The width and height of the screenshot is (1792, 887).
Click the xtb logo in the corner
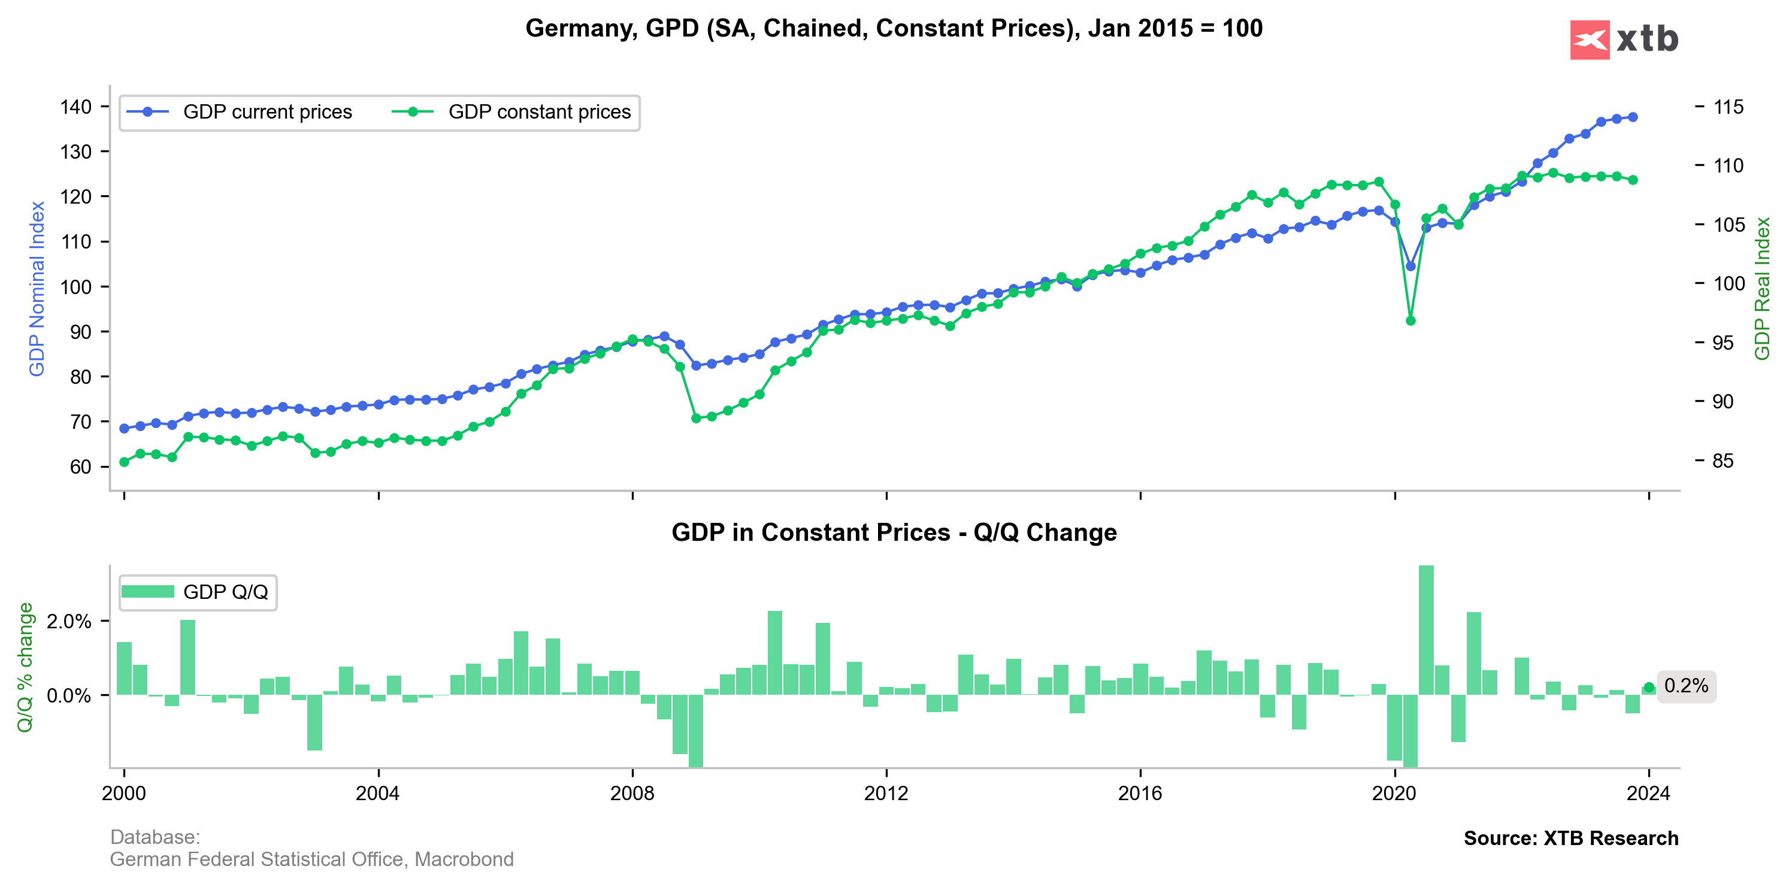coord(1624,40)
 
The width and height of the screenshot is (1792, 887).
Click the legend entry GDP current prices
coord(267,112)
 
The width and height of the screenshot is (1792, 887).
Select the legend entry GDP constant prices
coord(538,112)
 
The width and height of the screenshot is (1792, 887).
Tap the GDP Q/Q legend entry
coord(225,592)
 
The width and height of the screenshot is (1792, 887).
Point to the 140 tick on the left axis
coord(76,107)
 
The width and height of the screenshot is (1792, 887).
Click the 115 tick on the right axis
coord(1728,107)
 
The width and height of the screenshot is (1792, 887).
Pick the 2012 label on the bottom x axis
coord(886,793)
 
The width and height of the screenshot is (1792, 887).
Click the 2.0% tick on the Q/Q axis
coord(69,621)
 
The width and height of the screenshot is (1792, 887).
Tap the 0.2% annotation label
coord(1685,686)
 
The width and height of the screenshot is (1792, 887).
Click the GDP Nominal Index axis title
coord(37,289)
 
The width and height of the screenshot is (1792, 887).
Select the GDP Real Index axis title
coord(1762,289)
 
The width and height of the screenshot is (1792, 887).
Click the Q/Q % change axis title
coord(25,667)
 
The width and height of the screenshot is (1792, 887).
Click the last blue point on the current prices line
coord(1633,117)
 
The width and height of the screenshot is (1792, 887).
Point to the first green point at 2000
coord(125,462)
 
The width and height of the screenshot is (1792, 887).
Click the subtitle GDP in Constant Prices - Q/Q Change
coord(894,532)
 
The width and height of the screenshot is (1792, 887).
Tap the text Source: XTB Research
coord(1571,838)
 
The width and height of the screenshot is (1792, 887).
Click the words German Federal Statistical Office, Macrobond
coord(311,859)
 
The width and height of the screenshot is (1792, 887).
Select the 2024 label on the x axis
coord(1648,793)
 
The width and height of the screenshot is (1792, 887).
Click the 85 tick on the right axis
coord(1723,461)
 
